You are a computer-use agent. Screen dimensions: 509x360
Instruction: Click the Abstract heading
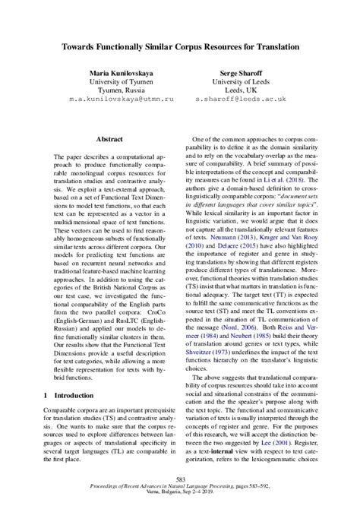tap(112, 140)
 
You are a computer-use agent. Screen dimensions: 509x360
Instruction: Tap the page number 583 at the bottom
tap(180, 478)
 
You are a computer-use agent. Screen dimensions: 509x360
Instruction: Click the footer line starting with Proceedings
tap(180, 486)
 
